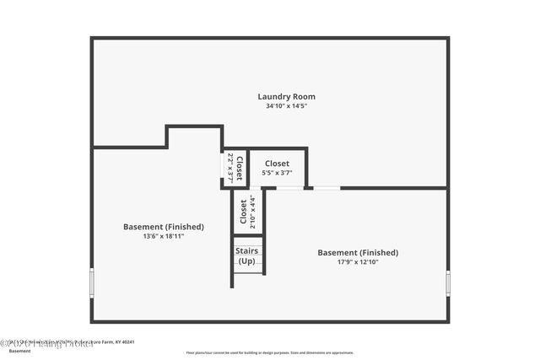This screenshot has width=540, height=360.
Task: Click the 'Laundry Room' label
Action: coord(286,97)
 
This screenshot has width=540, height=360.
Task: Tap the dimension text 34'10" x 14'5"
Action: coord(286,107)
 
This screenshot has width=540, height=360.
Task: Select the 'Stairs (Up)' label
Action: coord(247,255)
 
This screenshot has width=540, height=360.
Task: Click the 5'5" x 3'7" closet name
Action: coord(277,164)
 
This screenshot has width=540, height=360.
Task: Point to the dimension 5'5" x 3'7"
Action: coord(277,173)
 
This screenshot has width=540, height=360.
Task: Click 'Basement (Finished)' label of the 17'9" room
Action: coord(358,252)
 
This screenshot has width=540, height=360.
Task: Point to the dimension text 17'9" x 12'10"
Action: coord(358,262)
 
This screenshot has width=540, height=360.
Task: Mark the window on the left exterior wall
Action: coord(92,282)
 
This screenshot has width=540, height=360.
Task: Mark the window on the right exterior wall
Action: coord(447,282)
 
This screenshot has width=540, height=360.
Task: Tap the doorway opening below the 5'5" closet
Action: coord(289,188)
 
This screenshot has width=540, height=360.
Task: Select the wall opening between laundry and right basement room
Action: coord(327,188)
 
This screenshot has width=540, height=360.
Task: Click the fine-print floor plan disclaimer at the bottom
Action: coord(270,352)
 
